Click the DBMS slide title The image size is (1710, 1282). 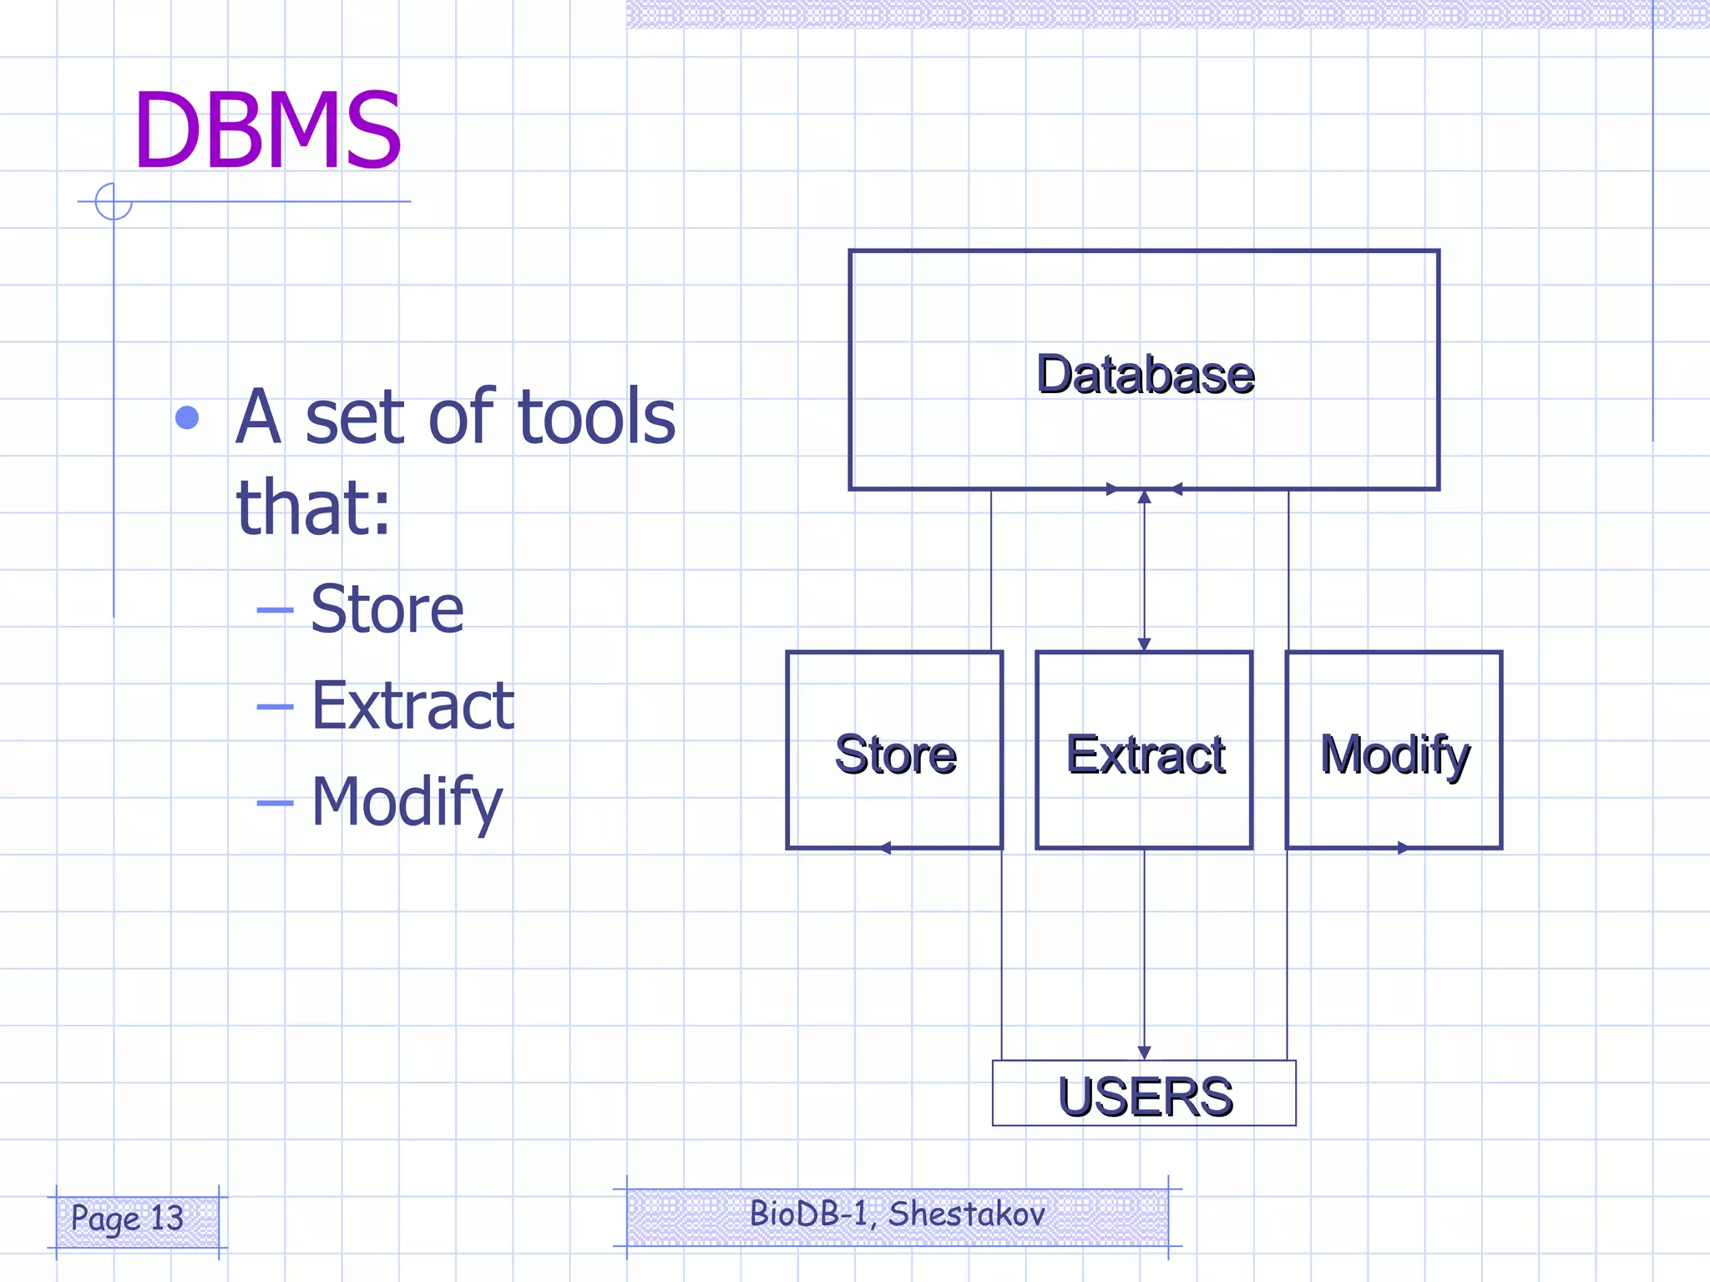click(x=267, y=131)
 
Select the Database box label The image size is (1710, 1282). click(x=1145, y=374)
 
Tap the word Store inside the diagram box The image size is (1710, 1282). click(x=895, y=755)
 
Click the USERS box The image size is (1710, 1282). click(x=1145, y=1095)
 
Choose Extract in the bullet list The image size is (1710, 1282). click(x=412, y=705)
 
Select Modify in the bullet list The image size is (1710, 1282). click(x=407, y=801)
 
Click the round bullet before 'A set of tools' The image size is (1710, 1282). click(x=187, y=418)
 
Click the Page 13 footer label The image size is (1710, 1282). click(x=127, y=1218)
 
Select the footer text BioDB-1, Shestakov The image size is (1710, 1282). click(x=897, y=1214)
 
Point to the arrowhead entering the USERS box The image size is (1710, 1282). click(x=1145, y=1053)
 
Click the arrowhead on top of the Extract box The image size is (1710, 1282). click(x=1145, y=644)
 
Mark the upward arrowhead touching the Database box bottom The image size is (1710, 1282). click(x=1145, y=497)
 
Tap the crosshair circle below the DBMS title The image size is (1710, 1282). click(x=114, y=202)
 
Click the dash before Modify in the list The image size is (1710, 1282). click(x=275, y=804)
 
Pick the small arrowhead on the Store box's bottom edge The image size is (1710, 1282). click(x=886, y=848)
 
